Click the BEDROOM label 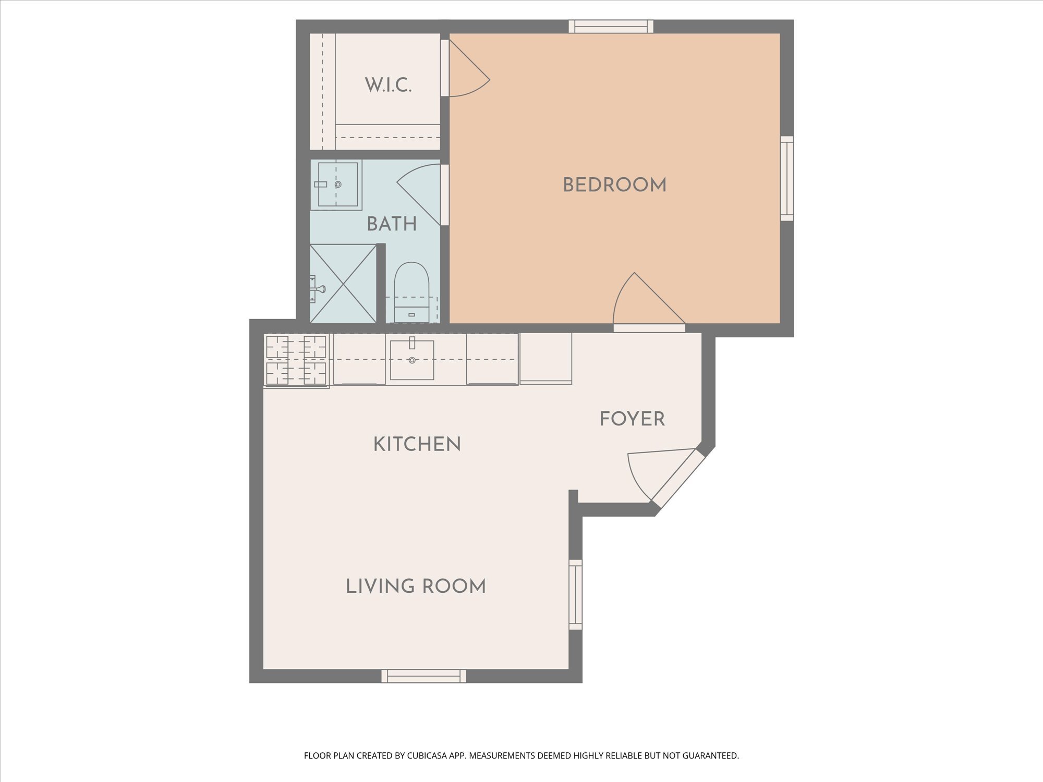click(614, 185)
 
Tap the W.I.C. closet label click(388, 85)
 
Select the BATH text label click(392, 224)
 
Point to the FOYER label click(632, 419)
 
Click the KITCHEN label click(417, 444)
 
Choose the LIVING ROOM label click(416, 586)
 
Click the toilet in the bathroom click(411, 292)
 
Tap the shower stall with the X click(343, 284)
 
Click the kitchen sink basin click(412, 360)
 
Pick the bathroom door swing click(422, 194)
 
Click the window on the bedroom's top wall click(611, 27)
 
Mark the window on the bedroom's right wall click(787, 178)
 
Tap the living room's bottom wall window click(423, 676)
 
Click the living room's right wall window click(575, 594)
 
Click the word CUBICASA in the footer click(429, 755)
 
